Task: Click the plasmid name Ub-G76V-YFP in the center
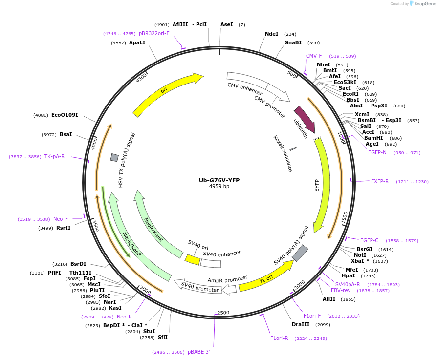[x=219, y=180]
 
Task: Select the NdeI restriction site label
[x=271, y=34]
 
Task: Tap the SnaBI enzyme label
[x=293, y=42]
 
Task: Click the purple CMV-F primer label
[x=314, y=56]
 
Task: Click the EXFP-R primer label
[x=380, y=181]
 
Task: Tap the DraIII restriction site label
[x=301, y=324]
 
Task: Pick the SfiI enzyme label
[x=162, y=337]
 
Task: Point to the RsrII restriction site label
[x=64, y=228]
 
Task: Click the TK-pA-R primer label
[x=54, y=157]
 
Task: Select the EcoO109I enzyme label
[x=65, y=115]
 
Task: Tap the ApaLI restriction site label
[x=137, y=42]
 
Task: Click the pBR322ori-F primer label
[x=154, y=33]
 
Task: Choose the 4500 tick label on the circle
[x=142, y=78]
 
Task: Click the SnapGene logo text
[x=422, y=4]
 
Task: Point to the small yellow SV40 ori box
[x=192, y=259]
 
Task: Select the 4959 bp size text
[x=219, y=187]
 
